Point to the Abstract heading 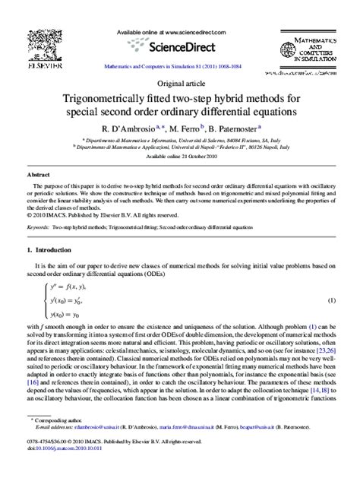[38, 173]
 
